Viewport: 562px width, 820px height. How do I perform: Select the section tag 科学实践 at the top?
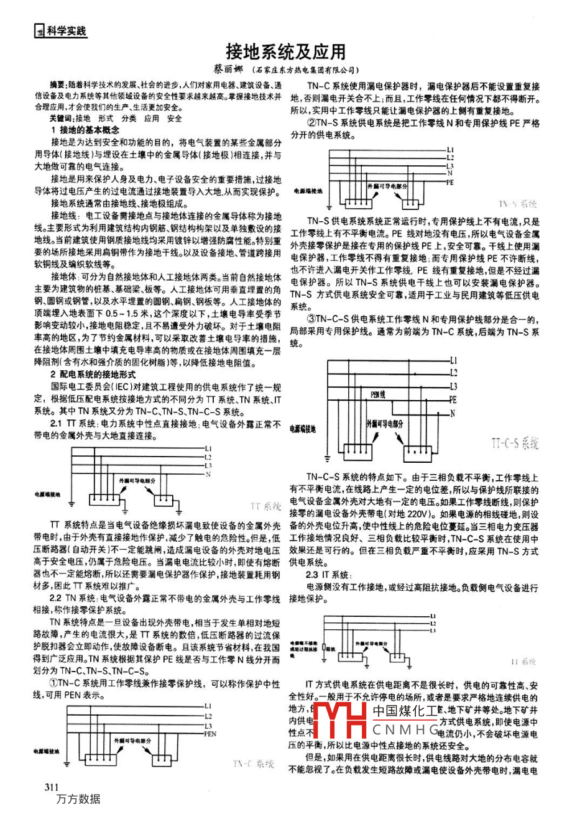tap(65, 30)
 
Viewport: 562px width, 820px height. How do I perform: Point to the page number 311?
tap(52, 787)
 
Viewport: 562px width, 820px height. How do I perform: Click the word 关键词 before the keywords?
tap(62, 118)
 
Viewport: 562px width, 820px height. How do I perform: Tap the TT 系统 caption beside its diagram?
tap(266, 506)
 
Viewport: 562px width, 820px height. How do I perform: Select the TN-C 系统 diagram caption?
tap(254, 763)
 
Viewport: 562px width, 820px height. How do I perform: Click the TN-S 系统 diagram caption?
tap(517, 204)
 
